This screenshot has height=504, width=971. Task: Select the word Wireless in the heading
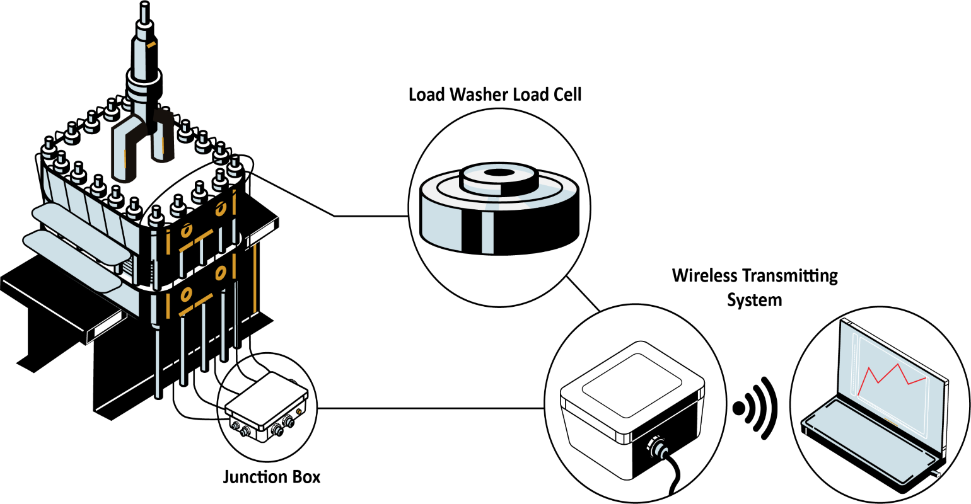(704, 276)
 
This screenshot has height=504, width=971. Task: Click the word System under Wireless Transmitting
(754, 300)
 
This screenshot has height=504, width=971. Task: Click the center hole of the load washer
(498, 172)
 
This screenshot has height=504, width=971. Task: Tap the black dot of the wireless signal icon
(739, 408)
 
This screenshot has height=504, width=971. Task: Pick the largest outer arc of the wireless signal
(772, 408)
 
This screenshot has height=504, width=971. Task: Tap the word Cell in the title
(566, 94)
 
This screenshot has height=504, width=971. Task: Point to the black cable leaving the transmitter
(676, 479)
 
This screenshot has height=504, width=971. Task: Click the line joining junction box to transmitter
(429, 408)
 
